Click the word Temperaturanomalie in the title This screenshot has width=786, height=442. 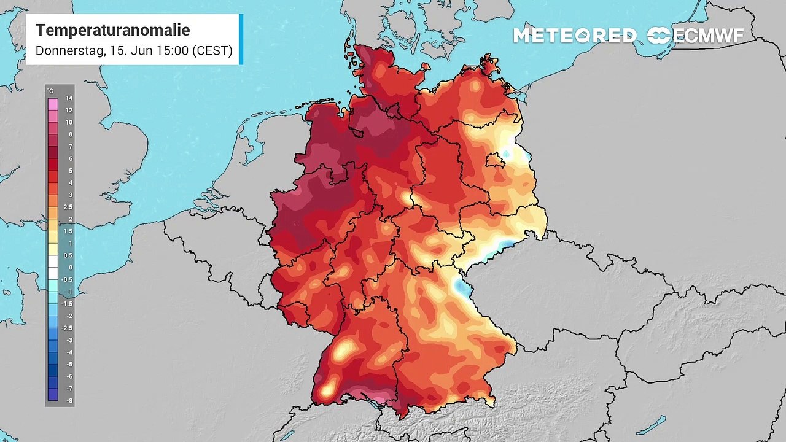coord(112,30)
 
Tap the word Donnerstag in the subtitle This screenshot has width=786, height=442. coord(69,50)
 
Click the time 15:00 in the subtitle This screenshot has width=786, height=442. coord(173,50)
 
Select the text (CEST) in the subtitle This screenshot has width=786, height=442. coord(212,50)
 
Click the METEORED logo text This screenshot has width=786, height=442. coord(575,36)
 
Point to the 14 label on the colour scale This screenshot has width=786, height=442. coord(69,98)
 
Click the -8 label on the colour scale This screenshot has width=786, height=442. coord(69,400)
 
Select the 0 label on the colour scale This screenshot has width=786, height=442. coord(70,268)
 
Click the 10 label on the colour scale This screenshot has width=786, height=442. coord(69,122)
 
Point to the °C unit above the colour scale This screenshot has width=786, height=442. coord(50,91)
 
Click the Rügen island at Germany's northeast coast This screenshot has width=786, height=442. coord(489,64)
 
